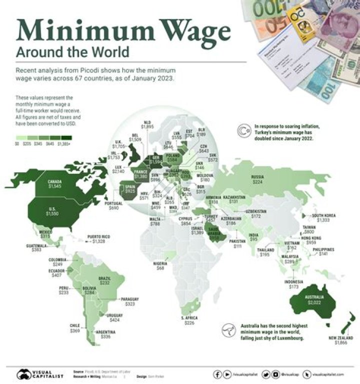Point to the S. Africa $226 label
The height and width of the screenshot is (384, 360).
189,321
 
